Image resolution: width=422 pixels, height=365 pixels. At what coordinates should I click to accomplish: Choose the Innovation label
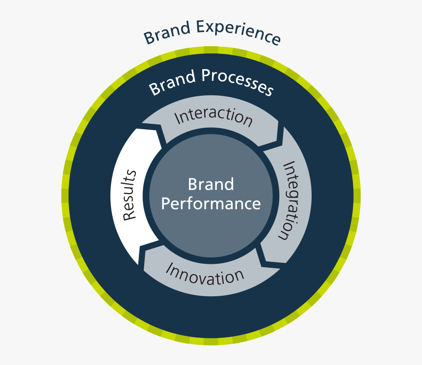tap(205, 273)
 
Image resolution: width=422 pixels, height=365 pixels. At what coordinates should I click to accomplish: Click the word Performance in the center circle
tap(211, 203)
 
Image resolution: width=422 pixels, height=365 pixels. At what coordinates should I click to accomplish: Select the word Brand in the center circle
tap(211, 185)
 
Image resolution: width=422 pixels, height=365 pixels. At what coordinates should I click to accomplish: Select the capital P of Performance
tap(166, 203)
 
